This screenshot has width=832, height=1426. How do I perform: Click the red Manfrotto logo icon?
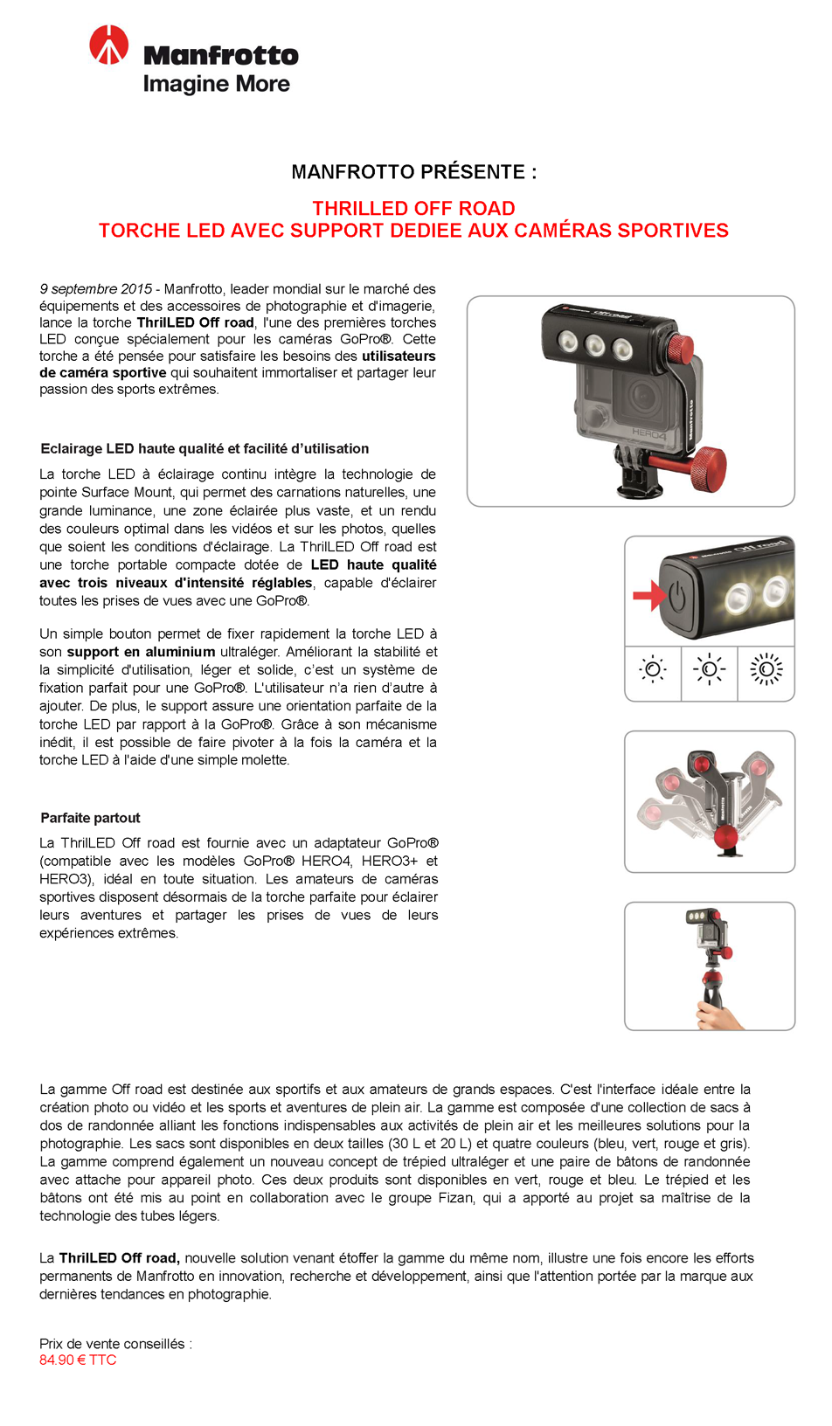(109, 45)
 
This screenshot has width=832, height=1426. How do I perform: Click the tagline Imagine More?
(216, 84)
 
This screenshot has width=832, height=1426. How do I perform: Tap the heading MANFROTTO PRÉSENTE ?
(414, 172)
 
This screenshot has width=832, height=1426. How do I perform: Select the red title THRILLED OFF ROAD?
(414, 209)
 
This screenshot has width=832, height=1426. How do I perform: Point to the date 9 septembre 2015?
(96, 289)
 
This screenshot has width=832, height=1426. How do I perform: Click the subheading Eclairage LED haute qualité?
(205, 449)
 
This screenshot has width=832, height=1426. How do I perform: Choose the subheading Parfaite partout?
(90, 818)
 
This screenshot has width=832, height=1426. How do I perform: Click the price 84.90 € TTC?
(78, 1360)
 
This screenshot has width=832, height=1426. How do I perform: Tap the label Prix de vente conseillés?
(115, 1344)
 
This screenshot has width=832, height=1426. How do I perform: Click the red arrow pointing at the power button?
(648, 596)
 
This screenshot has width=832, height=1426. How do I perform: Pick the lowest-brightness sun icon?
(653, 670)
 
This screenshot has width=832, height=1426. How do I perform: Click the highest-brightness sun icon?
(766, 670)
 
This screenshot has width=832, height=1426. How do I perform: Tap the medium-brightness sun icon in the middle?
(709, 670)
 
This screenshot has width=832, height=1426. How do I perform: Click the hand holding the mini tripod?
(718, 1015)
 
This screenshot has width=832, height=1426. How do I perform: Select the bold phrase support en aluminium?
(141, 652)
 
